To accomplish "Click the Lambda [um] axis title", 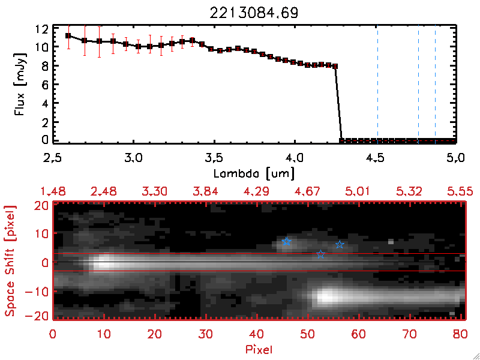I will [x=255, y=173].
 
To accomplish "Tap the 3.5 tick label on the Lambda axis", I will [x=214, y=158].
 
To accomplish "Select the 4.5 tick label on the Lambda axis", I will [x=376, y=158].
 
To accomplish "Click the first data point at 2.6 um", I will [x=68, y=35].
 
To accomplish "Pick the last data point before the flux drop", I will [x=335, y=66].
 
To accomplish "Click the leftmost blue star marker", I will [x=286, y=242].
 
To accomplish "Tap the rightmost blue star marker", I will [x=340, y=244].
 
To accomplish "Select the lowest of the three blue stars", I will [x=320, y=254].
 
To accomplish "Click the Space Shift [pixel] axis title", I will [x=10, y=261].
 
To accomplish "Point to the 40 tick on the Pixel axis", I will [x=257, y=334].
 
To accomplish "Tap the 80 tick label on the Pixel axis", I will [x=460, y=334].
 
